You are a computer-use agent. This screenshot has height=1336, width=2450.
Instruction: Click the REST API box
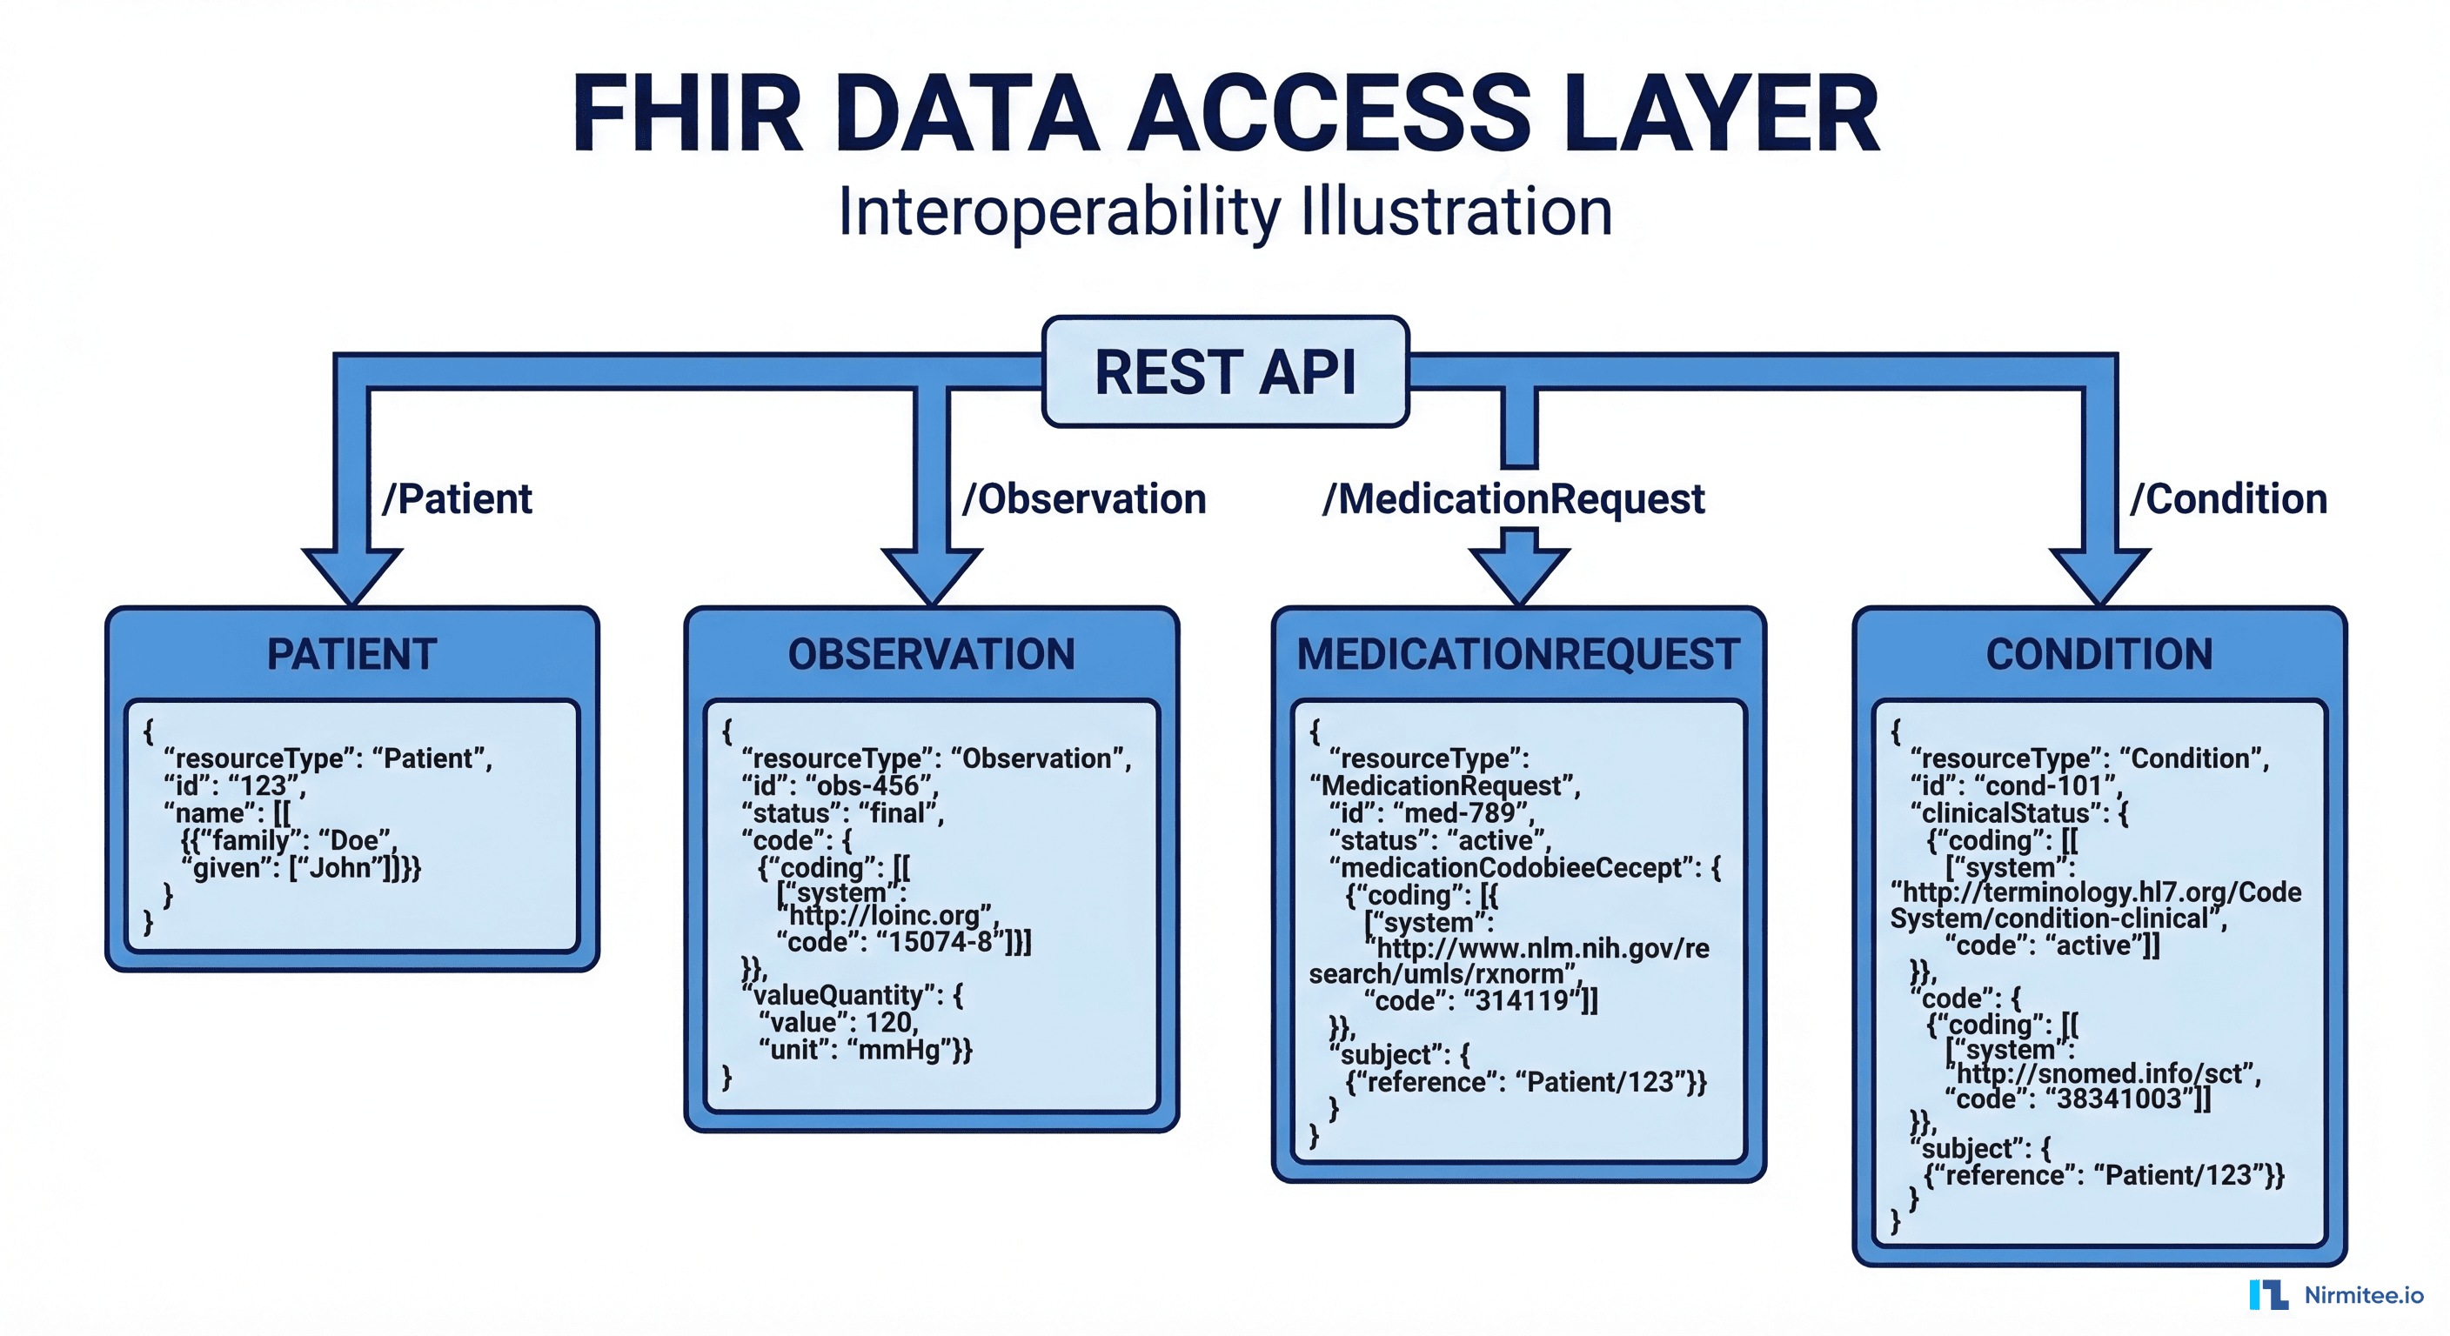coord(1225,371)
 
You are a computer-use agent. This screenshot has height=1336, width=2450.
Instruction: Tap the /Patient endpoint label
coord(457,499)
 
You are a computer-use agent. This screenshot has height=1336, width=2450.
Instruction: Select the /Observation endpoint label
coord(1084,499)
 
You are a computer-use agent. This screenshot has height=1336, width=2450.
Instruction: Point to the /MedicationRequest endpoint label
coord(1513,499)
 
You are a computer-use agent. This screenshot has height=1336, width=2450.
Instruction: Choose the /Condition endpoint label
coord(2227,499)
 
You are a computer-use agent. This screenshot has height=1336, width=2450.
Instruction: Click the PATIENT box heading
coord(351,654)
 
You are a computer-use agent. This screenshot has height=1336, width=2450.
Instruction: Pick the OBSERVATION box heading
coord(931,654)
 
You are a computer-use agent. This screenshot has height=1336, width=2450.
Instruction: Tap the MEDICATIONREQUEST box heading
coord(1519,654)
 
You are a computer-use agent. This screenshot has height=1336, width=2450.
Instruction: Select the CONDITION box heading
coord(2099,654)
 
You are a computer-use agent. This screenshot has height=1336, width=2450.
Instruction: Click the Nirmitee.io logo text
coord(2364,1295)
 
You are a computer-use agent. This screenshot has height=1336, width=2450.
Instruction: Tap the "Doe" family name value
coord(356,840)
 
